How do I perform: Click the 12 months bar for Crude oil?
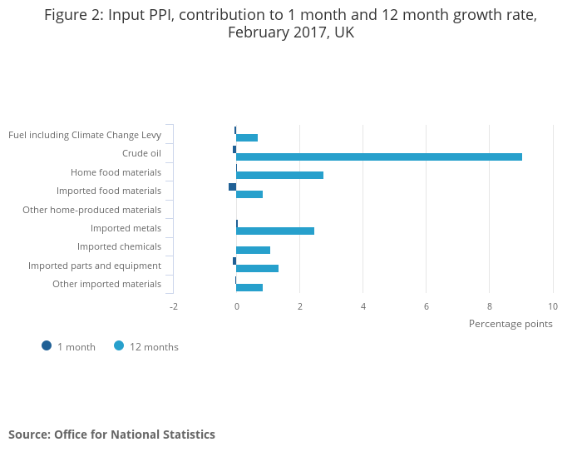[x=379, y=156]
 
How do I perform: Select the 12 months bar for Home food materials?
[x=279, y=175]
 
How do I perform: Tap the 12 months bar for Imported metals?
[x=275, y=231]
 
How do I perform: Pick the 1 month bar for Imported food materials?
[x=232, y=186]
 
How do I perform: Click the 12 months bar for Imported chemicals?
[x=253, y=250]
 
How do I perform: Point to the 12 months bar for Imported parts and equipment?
[x=257, y=268]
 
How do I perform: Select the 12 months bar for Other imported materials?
[x=249, y=287]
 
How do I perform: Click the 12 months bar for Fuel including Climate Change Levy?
[x=247, y=137]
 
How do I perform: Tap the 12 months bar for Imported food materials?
[x=249, y=194]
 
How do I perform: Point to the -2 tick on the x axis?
[x=174, y=306]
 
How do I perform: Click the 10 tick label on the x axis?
[x=553, y=306]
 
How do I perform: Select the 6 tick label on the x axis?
[x=427, y=306]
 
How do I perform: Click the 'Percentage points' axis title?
[x=510, y=324]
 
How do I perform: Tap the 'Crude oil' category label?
[x=141, y=153]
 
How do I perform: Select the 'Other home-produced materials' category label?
[x=91, y=210]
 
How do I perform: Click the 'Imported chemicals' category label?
[x=119, y=246]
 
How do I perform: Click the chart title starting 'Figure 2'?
[x=291, y=25]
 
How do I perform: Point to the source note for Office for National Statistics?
[x=111, y=435]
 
